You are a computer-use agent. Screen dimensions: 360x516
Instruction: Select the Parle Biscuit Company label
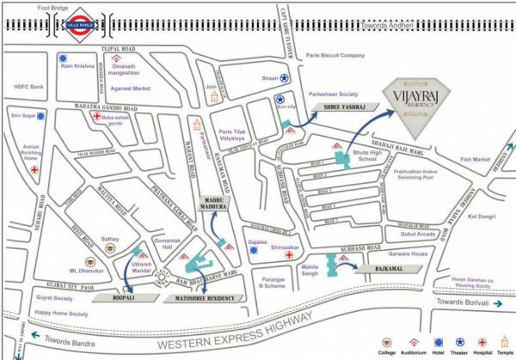point(335,55)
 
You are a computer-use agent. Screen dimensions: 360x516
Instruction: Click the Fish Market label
point(474,158)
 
